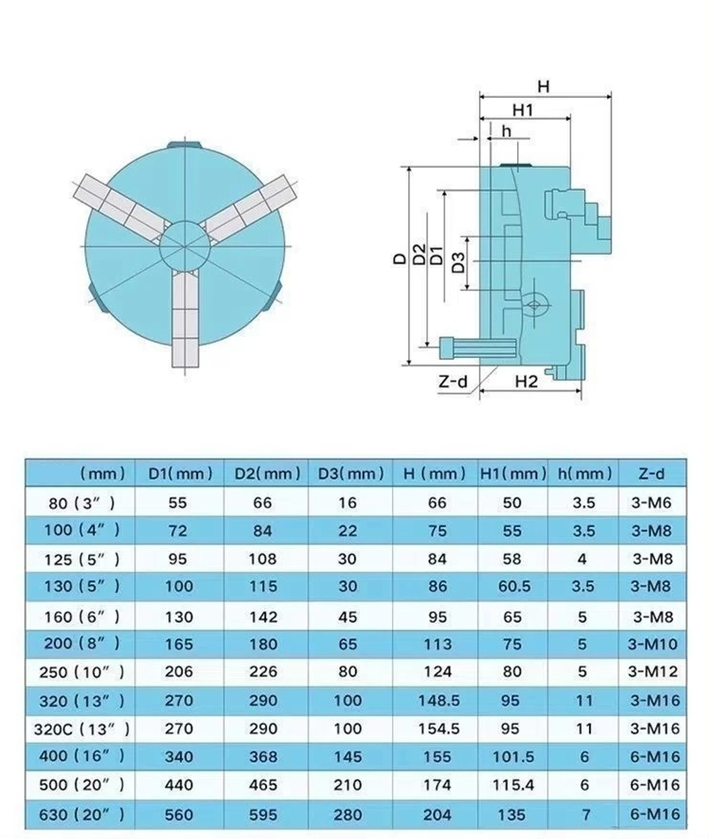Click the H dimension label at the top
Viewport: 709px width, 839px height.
[x=543, y=86]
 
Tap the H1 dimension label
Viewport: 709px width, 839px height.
[x=523, y=110]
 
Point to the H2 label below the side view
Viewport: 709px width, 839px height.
[x=526, y=382]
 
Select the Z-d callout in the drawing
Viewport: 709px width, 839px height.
[x=452, y=382]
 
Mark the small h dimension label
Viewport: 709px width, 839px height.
[x=506, y=131]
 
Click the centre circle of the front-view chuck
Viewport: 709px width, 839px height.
[x=184, y=246]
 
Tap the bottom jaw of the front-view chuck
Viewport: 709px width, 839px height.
[x=185, y=319]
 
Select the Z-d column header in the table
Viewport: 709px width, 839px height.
[x=652, y=474]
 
